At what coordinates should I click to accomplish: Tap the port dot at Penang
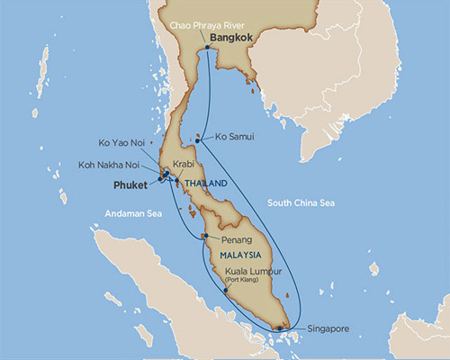click(205, 236)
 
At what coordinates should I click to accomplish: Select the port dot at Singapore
click(289, 328)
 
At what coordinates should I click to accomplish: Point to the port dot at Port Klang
click(223, 290)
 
